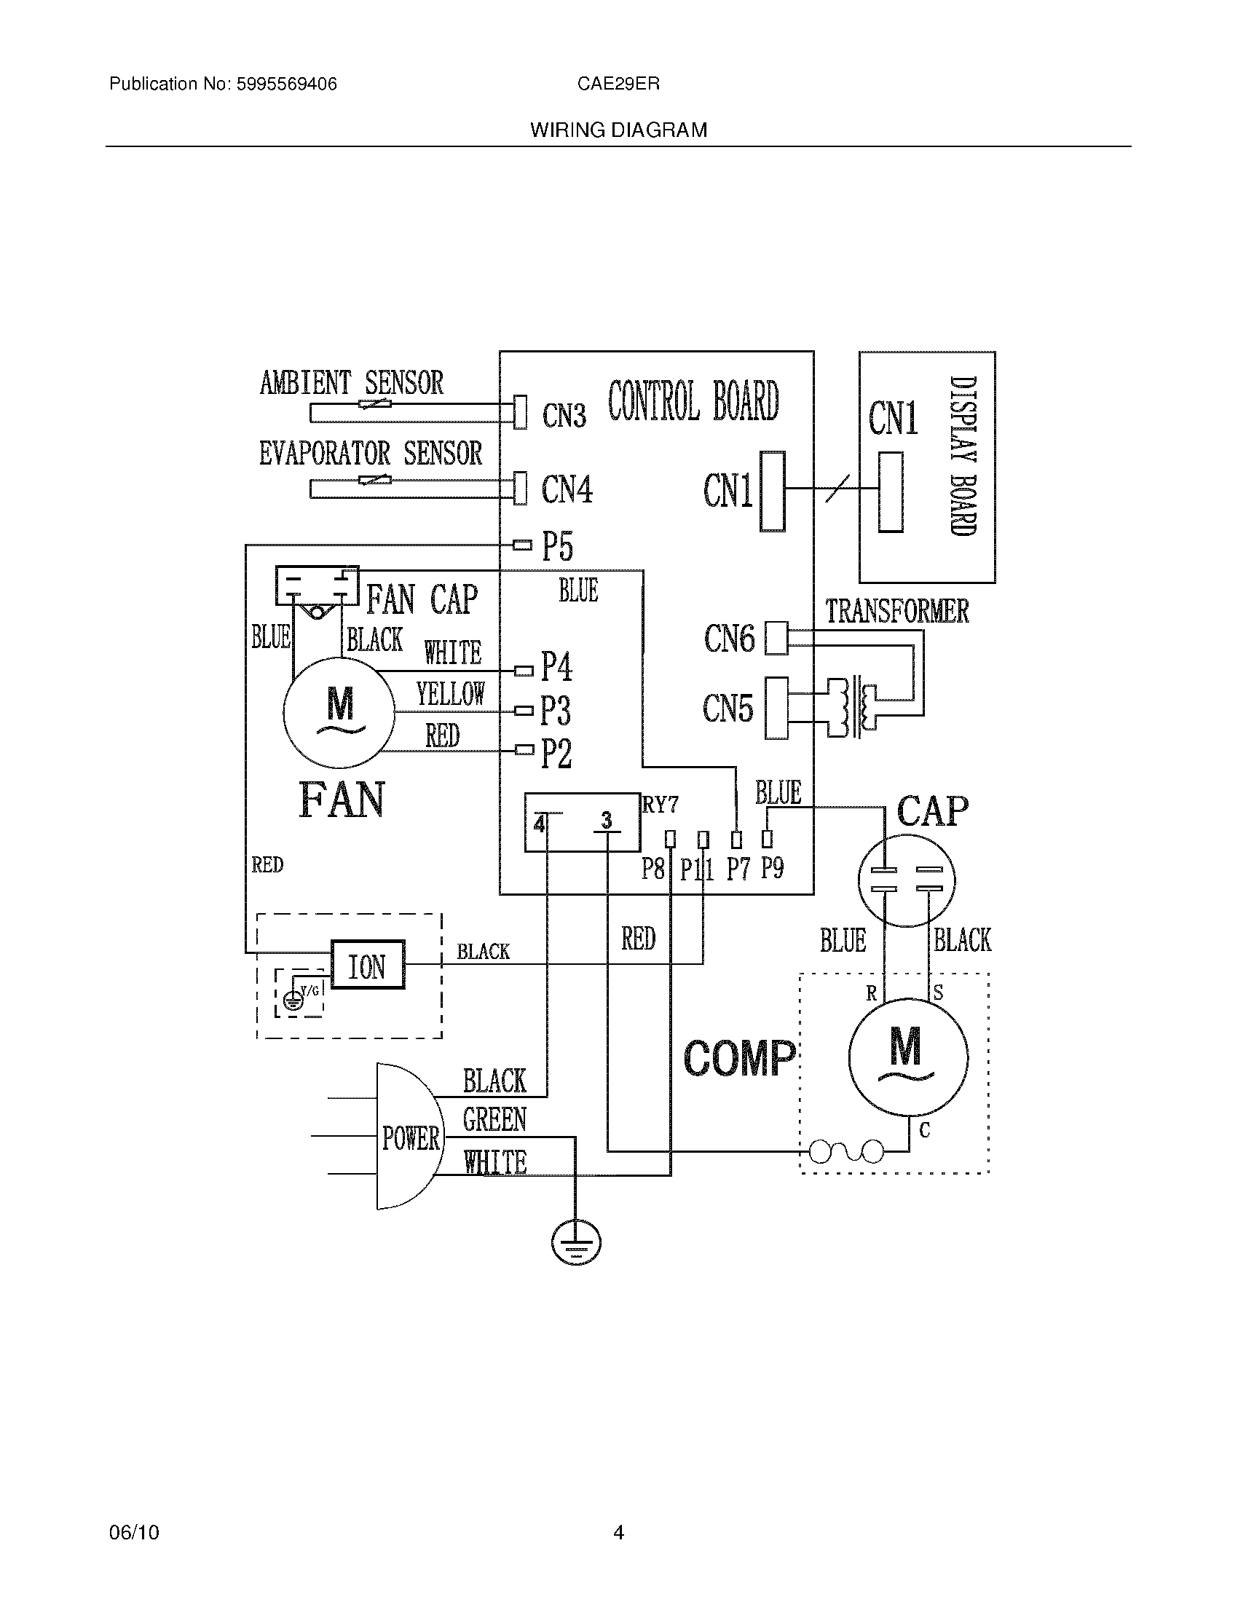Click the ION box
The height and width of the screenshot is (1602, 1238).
368,965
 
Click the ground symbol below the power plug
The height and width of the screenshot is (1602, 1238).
576,1242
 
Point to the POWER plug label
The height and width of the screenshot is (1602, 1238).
411,1138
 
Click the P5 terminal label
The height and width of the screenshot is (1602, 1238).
556,546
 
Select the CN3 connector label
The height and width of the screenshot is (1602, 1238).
564,416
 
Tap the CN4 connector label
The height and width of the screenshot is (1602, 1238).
566,489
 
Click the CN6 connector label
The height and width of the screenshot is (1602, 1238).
729,639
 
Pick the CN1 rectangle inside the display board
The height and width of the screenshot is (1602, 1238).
891,492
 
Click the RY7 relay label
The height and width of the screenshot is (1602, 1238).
660,805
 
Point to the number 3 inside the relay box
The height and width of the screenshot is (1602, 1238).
607,820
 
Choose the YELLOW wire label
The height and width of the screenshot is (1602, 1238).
450,693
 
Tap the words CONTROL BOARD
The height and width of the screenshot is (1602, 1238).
693,401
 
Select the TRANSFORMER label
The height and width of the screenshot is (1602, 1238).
897,612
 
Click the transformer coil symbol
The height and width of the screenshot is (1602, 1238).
852,707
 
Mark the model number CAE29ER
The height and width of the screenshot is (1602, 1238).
618,84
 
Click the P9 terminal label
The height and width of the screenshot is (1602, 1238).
771,868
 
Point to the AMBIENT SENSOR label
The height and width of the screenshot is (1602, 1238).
351,383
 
